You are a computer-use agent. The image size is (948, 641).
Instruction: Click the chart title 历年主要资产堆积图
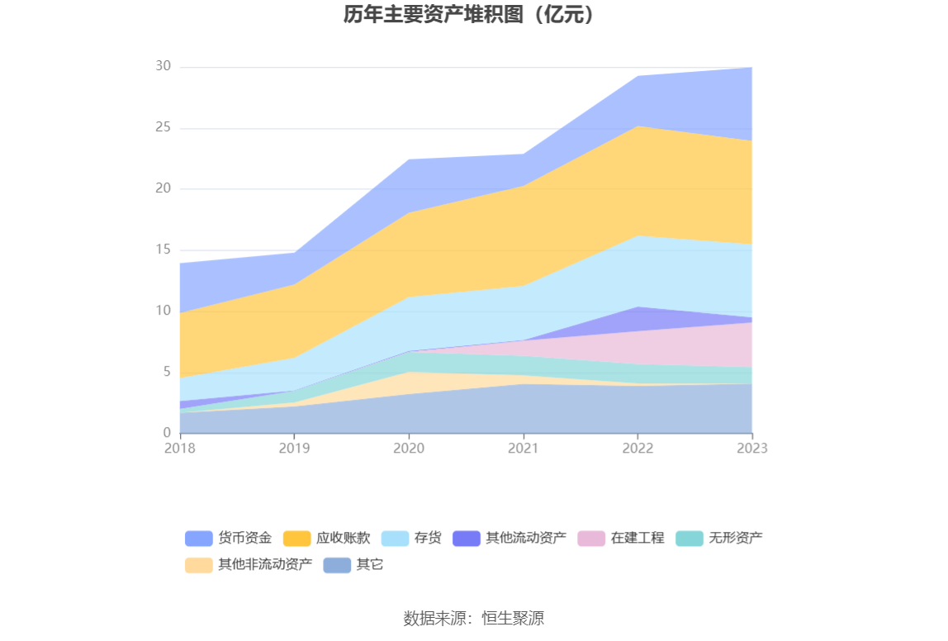(469, 15)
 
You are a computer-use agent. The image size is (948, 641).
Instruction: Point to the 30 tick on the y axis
(163, 67)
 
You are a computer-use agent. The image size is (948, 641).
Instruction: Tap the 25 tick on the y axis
(163, 128)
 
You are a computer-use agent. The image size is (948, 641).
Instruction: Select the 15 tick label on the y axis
(163, 249)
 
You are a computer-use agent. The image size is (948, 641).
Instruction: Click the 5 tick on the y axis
(166, 372)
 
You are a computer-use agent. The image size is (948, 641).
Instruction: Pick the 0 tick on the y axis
(166, 433)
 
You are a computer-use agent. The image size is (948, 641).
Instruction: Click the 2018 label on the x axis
(179, 449)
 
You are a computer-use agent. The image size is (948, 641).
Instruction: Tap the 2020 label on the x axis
(409, 449)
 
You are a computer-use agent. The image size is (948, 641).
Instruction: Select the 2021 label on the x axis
(523, 449)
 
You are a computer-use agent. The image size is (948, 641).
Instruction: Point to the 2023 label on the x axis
(752, 449)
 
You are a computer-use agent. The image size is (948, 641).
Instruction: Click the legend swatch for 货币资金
(198, 539)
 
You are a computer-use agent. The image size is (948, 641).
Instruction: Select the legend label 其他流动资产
(525, 539)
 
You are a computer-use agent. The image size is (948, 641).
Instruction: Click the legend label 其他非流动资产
(265, 566)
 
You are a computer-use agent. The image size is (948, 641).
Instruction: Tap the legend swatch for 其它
(336, 566)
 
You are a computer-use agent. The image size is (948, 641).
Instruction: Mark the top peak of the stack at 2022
(638, 76)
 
